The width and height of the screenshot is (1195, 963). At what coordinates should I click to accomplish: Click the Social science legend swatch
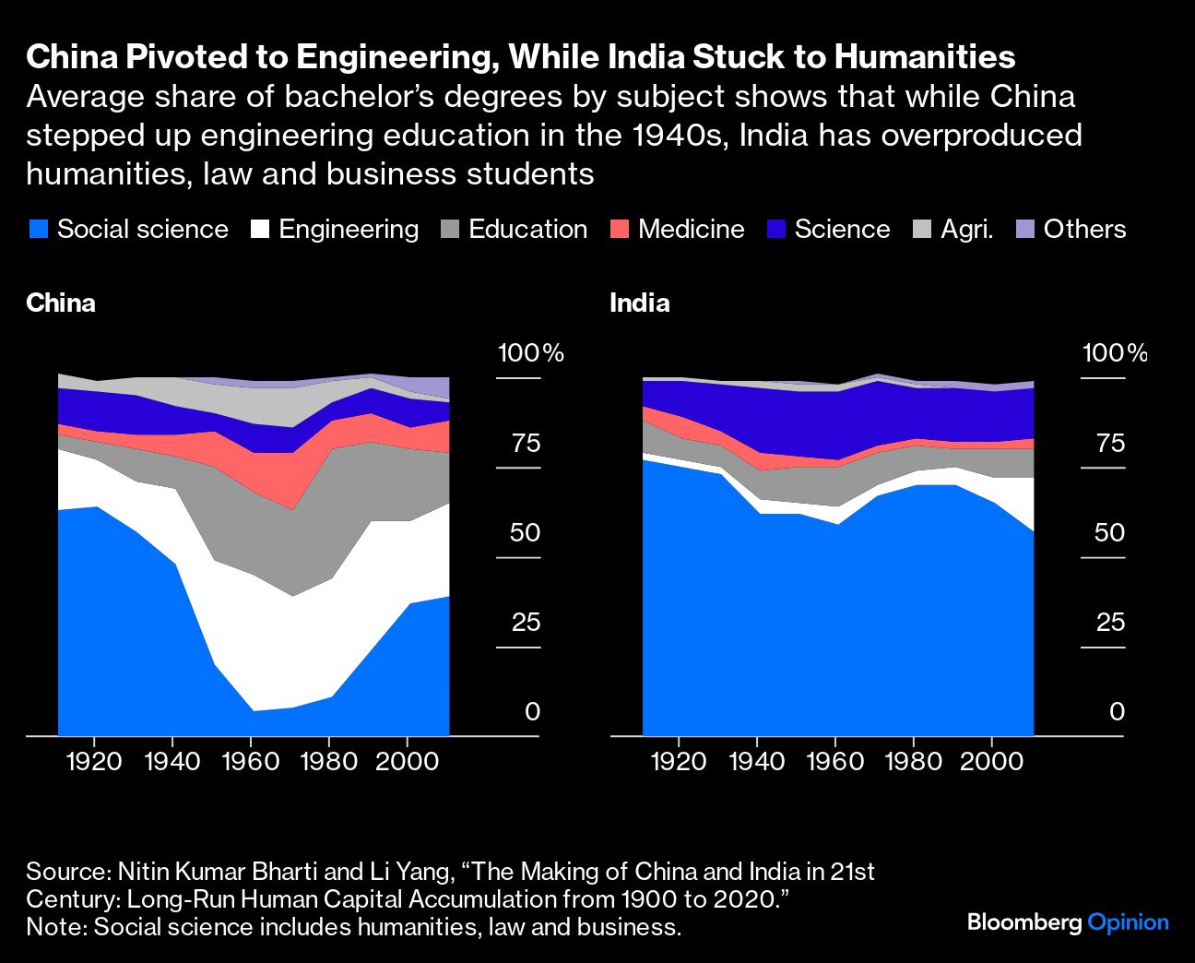38,230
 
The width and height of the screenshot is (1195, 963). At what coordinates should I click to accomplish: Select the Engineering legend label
348,230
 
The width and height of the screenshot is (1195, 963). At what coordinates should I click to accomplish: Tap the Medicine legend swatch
620,230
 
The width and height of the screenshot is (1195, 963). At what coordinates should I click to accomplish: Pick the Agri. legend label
966,230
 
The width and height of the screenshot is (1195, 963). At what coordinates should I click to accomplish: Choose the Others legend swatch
1024,230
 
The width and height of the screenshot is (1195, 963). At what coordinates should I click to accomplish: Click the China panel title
61,303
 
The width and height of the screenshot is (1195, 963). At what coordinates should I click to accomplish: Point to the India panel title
639,303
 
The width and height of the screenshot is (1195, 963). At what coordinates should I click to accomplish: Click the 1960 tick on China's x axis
251,761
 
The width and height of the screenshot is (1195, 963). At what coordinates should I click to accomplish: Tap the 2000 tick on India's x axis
992,761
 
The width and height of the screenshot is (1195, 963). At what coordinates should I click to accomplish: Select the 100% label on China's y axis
530,353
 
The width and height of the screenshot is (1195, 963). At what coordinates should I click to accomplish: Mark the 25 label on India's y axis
1110,623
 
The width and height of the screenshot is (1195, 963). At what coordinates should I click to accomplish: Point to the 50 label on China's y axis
526,533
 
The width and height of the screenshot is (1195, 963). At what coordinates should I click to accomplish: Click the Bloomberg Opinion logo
1068,921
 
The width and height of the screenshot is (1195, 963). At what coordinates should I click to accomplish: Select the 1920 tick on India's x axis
679,761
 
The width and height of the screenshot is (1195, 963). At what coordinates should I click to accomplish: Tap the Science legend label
842,230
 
